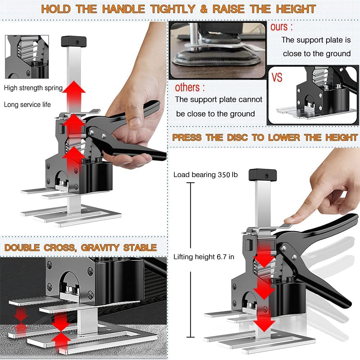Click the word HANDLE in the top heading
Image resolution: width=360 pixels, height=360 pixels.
(123, 9)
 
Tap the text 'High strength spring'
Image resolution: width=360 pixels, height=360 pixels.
(33, 88)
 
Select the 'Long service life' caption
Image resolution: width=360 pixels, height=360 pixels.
(27, 105)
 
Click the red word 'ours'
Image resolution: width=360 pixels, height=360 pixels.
(279, 27)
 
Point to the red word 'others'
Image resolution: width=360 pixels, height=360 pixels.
(187, 87)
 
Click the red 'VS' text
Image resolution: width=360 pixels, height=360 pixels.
(277, 77)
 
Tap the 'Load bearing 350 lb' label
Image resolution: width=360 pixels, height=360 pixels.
(206, 175)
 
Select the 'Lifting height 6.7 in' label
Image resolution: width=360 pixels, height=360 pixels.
(204, 257)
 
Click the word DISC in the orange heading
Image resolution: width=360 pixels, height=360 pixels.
(237, 138)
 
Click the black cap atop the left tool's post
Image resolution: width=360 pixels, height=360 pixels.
(74, 41)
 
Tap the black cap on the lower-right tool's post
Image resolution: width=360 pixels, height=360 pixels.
(263, 175)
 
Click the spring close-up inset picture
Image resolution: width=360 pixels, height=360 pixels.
(27, 57)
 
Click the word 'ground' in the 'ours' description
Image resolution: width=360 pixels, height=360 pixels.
(338, 54)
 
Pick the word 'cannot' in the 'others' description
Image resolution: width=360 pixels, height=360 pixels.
(250, 99)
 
